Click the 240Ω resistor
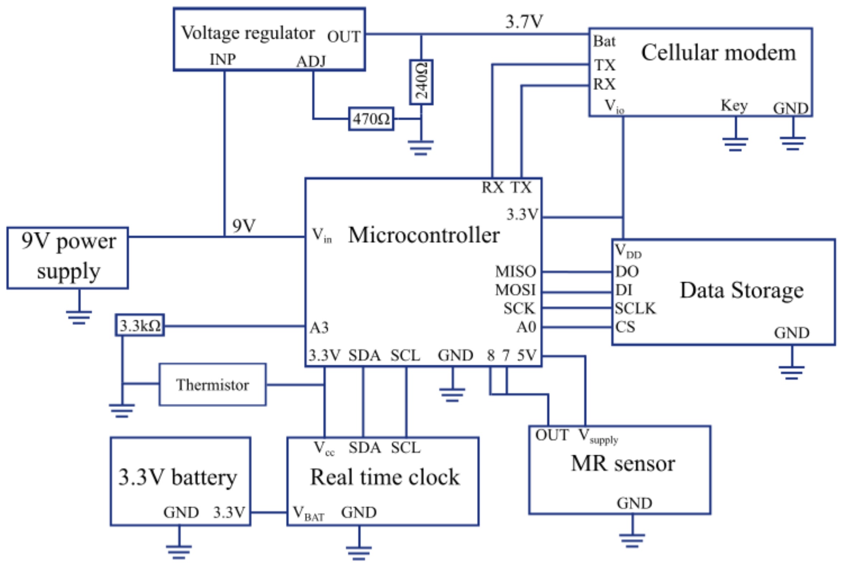pyautogui.click(x=421, y=82)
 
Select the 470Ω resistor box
pyautogui.click(x=371, y=119)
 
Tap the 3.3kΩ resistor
pyautogui.click(x=140, y=325)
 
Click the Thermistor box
pyautogui.click(x=212, y=385)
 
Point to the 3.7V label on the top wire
pyautogui.click(x=524, y=22)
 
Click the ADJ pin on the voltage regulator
pyautogui.click(x=311, y=61)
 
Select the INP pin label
pyautogui.click(x=223, y=59)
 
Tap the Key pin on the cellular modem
pyautogui.click(x=734, y=106)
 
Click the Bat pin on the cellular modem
pyautogui.click(x=604, y=41)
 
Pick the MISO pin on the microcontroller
pyautogui.click(x=515, y=271)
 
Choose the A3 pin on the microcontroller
pyautogui.click(x=319, y=327)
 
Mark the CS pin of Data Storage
pyautogui.click(x=625, y=327)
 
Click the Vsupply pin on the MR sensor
pyautogui.click(x=598, y=436)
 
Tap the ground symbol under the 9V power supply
pyautogui.click(x=79, y=317)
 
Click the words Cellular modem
pyautogui.click(x=719, y=53)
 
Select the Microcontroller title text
pyautogui.click(x=424, y=235)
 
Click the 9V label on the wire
pyautogui.click(x=244, y=226)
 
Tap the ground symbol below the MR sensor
pyautogui.click(x=632, y=540)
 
